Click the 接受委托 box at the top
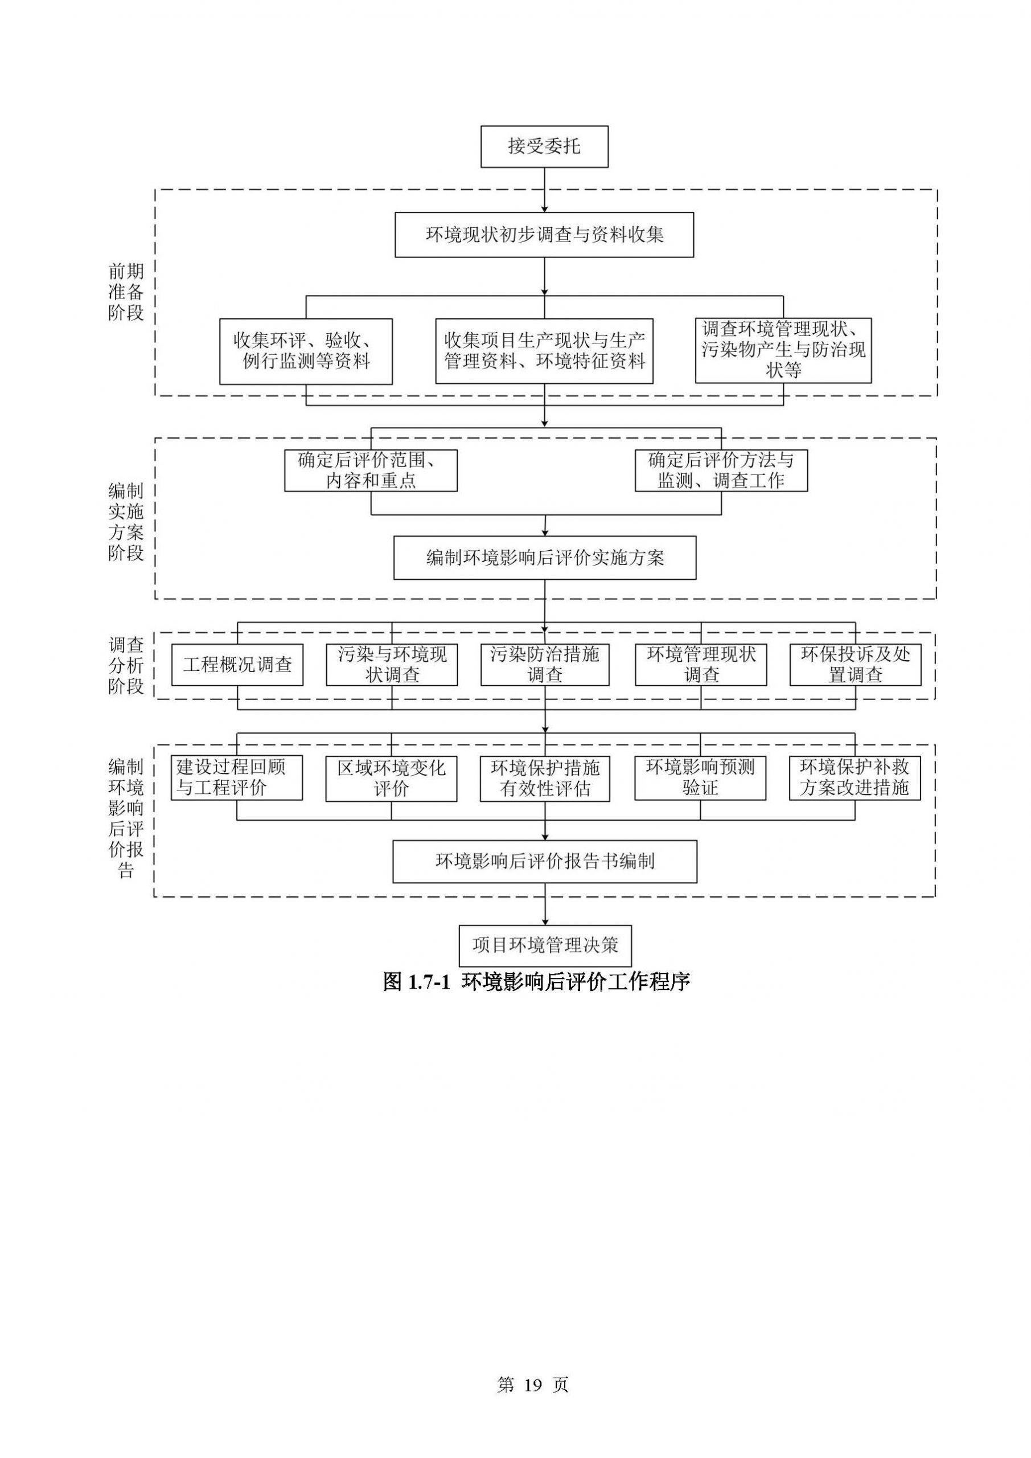(544, 147)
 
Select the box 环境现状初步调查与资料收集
(544, 235)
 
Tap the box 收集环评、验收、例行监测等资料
(306, 351)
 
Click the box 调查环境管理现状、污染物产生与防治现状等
(783, 350)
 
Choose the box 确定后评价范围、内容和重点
(371, 470)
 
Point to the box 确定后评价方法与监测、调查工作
(721, 470)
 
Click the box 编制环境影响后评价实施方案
(545, 558)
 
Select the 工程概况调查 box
(237, 665)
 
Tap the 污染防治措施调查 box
(545, 665)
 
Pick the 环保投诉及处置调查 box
(855, 665)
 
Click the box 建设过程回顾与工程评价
(237, 777)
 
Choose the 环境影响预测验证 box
(700, 777)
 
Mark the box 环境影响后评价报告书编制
(545, 861)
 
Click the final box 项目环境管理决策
(545, 945)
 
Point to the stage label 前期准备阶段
(126, 292)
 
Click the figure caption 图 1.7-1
(536, 982)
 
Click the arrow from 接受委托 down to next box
(545, 189)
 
